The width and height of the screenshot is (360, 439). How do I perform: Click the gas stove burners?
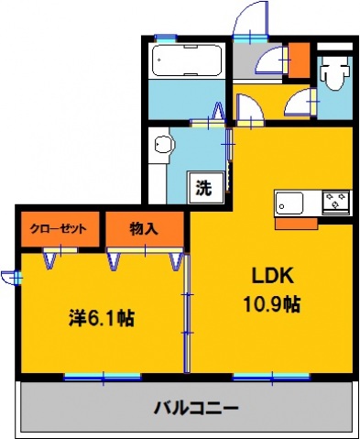pos(333,202)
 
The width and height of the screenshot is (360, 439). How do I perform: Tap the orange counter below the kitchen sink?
pos(296,223)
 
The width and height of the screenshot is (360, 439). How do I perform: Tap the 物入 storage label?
pos(144,228)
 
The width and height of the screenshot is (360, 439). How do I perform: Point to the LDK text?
pos(271,276)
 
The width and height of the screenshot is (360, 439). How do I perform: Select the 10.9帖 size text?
pos(271,302)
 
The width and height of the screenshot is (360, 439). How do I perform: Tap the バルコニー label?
pos(195,407)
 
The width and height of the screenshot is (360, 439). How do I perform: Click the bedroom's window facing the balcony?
pos(103,375)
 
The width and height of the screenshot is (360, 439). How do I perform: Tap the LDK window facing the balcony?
pos(272,375)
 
